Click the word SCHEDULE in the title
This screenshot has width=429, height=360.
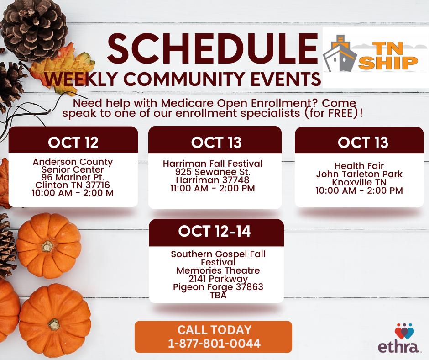tap(213, 49)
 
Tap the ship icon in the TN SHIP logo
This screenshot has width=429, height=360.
tap(340, 54)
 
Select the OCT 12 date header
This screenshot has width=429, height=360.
tap(73, 143)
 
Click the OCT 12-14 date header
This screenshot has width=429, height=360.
tap(214, 231)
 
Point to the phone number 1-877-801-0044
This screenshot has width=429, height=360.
tap(214, 344)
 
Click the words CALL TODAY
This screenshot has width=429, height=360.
tap(214, 329)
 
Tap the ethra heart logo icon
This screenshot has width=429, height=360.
tap(404, 331)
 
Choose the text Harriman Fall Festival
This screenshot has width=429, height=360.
tap(213, 164)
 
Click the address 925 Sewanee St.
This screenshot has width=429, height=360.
tap(213, 172)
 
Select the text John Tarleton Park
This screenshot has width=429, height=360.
tap(359, 174)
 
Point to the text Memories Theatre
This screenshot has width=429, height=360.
tap(218, 270)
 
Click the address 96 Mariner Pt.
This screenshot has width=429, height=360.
tap(73, 177)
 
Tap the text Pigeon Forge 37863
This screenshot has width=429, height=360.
tap(218, 287)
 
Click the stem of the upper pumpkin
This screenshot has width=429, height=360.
tap(47, 246)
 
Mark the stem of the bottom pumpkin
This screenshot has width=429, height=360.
tap(54, 324)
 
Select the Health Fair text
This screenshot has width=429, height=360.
tap(359, 166)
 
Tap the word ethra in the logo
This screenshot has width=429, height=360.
tap(398, 347)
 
